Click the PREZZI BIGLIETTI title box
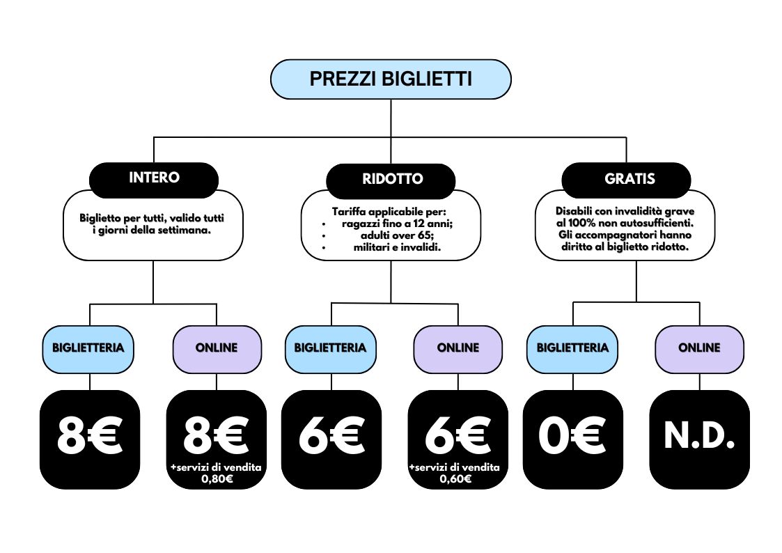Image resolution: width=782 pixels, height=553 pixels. pyautogui.click(x=391, y=79)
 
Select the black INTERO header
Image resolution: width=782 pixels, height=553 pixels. pyautogui.click(x=154, y=178)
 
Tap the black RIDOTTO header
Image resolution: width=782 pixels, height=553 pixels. pyautogui.click(x=391, y=180)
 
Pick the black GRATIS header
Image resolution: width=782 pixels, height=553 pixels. pyautogui.click(x=627, y=179)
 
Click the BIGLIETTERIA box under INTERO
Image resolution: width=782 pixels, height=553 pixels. pyautogui.click(x=88, y=349)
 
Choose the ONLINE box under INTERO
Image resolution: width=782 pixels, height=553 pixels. pyautogui.click(x=217, y=349)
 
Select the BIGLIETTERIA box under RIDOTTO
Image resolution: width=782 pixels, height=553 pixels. pyautogui.click(x=331, y=349)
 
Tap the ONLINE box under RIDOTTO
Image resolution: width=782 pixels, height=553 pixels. pyautogui.click(x=458, y=349)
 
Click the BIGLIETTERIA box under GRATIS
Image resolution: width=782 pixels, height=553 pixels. pyautogui.click(x=572, y=349)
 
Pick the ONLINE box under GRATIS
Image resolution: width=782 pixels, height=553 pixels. pyautogui.click(x=699, y=349)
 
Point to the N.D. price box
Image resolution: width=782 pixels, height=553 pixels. pyautogui.click(x=699, y=439)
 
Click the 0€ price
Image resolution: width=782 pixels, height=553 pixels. pyautogui.click(x=572, y=436)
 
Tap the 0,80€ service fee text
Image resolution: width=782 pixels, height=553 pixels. pyautogui.click(x=217, y=479)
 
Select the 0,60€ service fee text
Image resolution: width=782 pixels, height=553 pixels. pyautogui.click(x=455, y=479)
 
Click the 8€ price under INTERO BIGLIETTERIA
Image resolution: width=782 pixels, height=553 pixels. pyautogui.click(x=90, y=436)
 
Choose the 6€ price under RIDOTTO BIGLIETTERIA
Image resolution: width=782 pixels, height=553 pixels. pyautogui.click(x=331, y=436)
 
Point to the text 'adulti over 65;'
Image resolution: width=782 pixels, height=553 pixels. pyautogui.click(x=397, y=235)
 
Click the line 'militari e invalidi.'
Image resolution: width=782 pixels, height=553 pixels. pyautogui.click(x=397, y=247)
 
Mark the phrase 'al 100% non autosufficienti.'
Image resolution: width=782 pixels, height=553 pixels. pyautogui.click(x=625, y=224)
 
